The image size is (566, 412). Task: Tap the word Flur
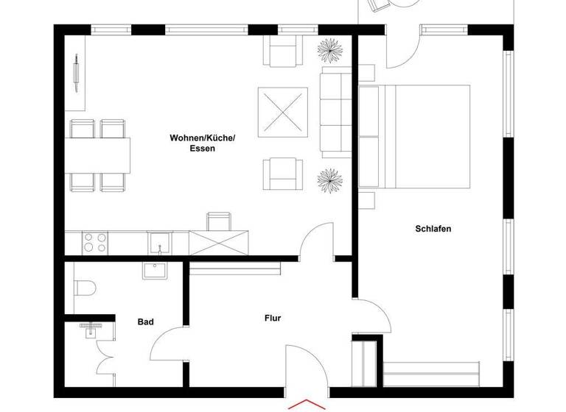tap(273, 319)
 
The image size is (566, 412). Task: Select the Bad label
tap(146, 322)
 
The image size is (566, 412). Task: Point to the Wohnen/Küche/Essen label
tap(202, 143)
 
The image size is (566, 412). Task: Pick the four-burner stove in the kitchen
tap(94, 242)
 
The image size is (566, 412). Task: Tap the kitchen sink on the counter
tap(159, 241)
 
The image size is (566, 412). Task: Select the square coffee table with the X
tap(282, 110)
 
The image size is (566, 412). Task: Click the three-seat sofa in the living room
tap(335, 111)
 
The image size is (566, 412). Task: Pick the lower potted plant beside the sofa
tap(329, 179)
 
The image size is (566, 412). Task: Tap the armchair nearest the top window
tap(284, 51)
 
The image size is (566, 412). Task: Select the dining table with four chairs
tap(100, 155)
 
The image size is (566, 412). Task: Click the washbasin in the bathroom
tap(156, 271)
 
